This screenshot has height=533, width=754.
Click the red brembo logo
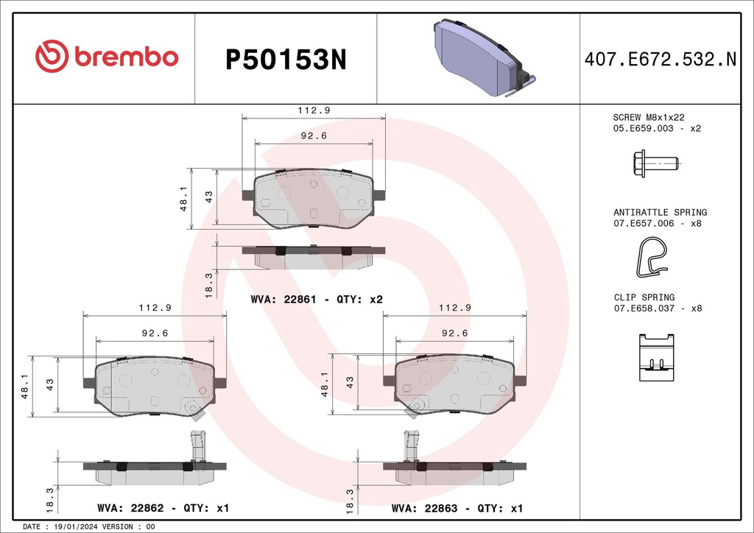[107, 57]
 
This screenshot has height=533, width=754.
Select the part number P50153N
[285, 59]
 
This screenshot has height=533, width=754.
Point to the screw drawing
[655, 162]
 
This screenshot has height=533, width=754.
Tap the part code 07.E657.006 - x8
[657, 223]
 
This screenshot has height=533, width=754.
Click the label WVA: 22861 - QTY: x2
[317, 300]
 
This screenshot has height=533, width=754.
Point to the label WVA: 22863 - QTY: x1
[457, 509]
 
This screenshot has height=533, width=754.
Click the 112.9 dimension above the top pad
[313, 110]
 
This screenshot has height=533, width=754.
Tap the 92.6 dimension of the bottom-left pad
[155, 333]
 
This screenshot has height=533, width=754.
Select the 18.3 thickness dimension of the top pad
[208, 284]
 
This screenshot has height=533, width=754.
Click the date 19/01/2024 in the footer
[76, 527]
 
